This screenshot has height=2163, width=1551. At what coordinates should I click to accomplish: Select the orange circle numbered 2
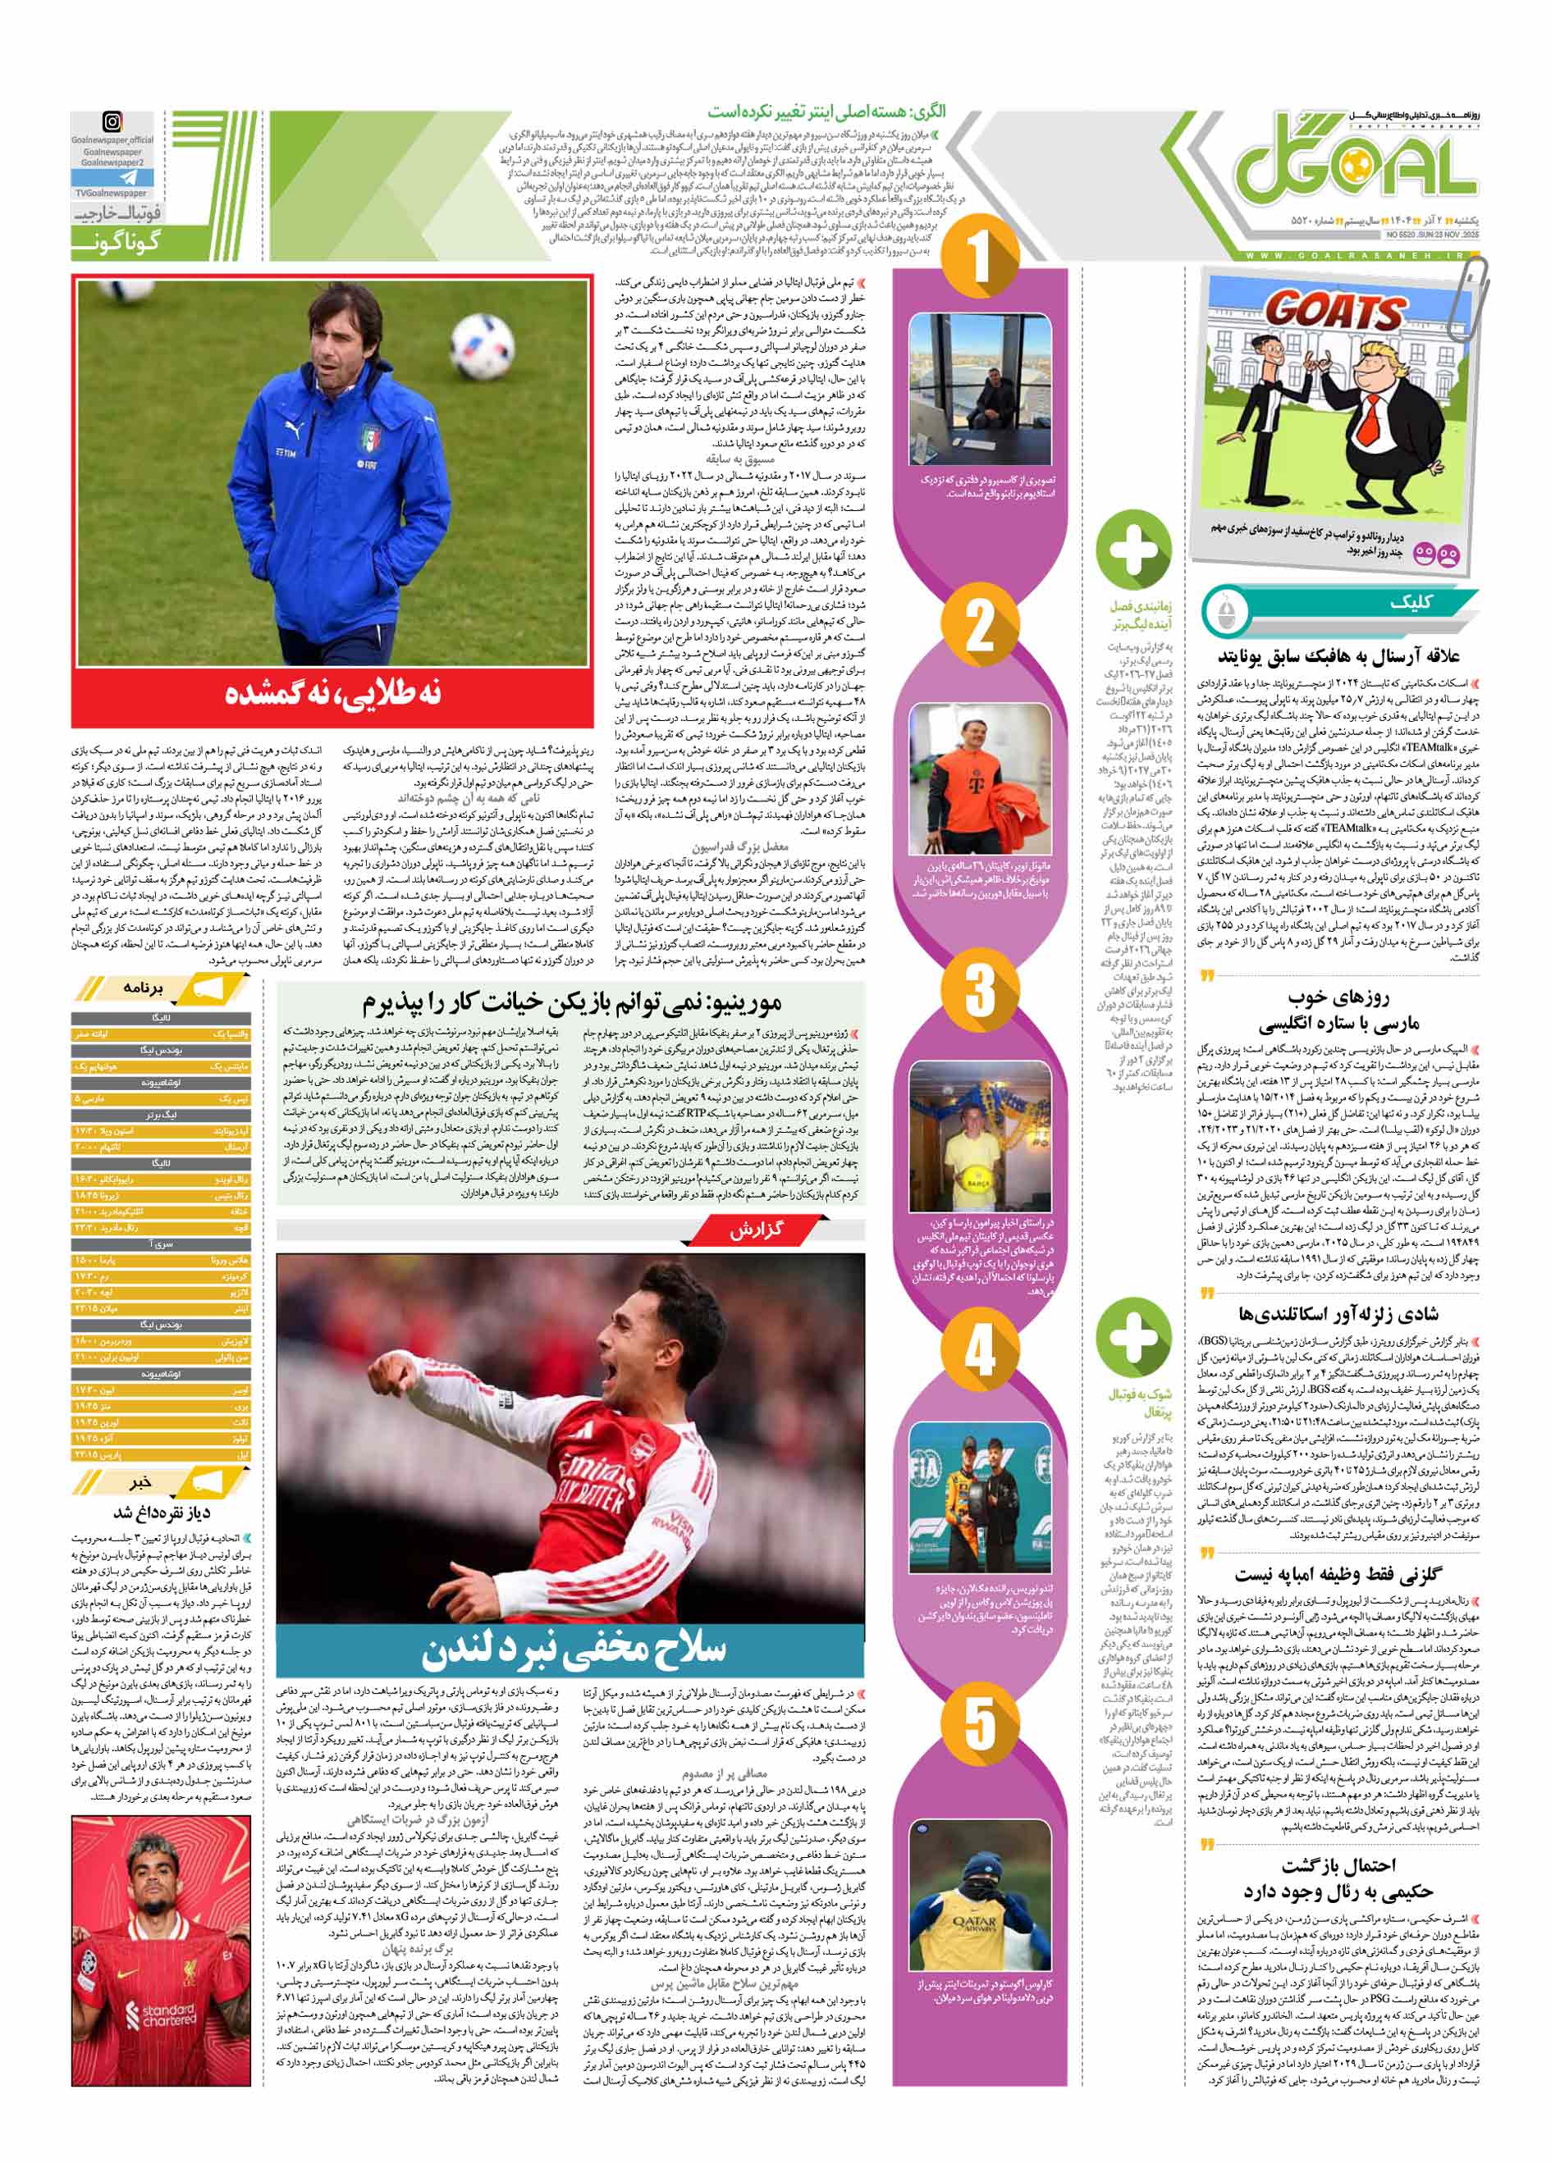coord(980,626)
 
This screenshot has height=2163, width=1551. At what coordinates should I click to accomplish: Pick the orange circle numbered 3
coord(980,989)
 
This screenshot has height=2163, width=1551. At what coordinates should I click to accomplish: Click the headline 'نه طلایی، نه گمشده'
coord(333,693)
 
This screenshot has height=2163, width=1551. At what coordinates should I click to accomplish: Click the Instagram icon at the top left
coord(112,122)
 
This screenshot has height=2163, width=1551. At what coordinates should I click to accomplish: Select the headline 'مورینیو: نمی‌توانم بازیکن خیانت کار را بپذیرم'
coord(570,1003)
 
